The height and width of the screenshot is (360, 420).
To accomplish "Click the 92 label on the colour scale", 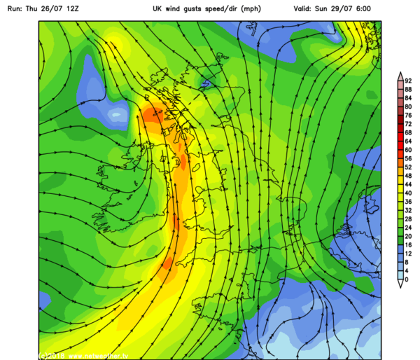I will [408, 81].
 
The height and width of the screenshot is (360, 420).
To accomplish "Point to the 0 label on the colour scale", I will [406, 279].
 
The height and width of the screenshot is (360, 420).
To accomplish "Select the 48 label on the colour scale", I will [408, 176].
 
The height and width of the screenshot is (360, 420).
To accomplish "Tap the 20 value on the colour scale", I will [408, 236].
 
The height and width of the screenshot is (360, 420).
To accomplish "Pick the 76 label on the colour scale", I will [408, 115].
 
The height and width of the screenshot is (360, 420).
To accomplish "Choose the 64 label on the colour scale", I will [408, 141].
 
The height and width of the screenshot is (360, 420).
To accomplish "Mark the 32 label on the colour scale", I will [408, 210].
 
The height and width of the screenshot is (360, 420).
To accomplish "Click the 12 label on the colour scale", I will [408, 254].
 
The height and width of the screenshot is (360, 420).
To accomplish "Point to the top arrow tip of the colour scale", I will [398, 74].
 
